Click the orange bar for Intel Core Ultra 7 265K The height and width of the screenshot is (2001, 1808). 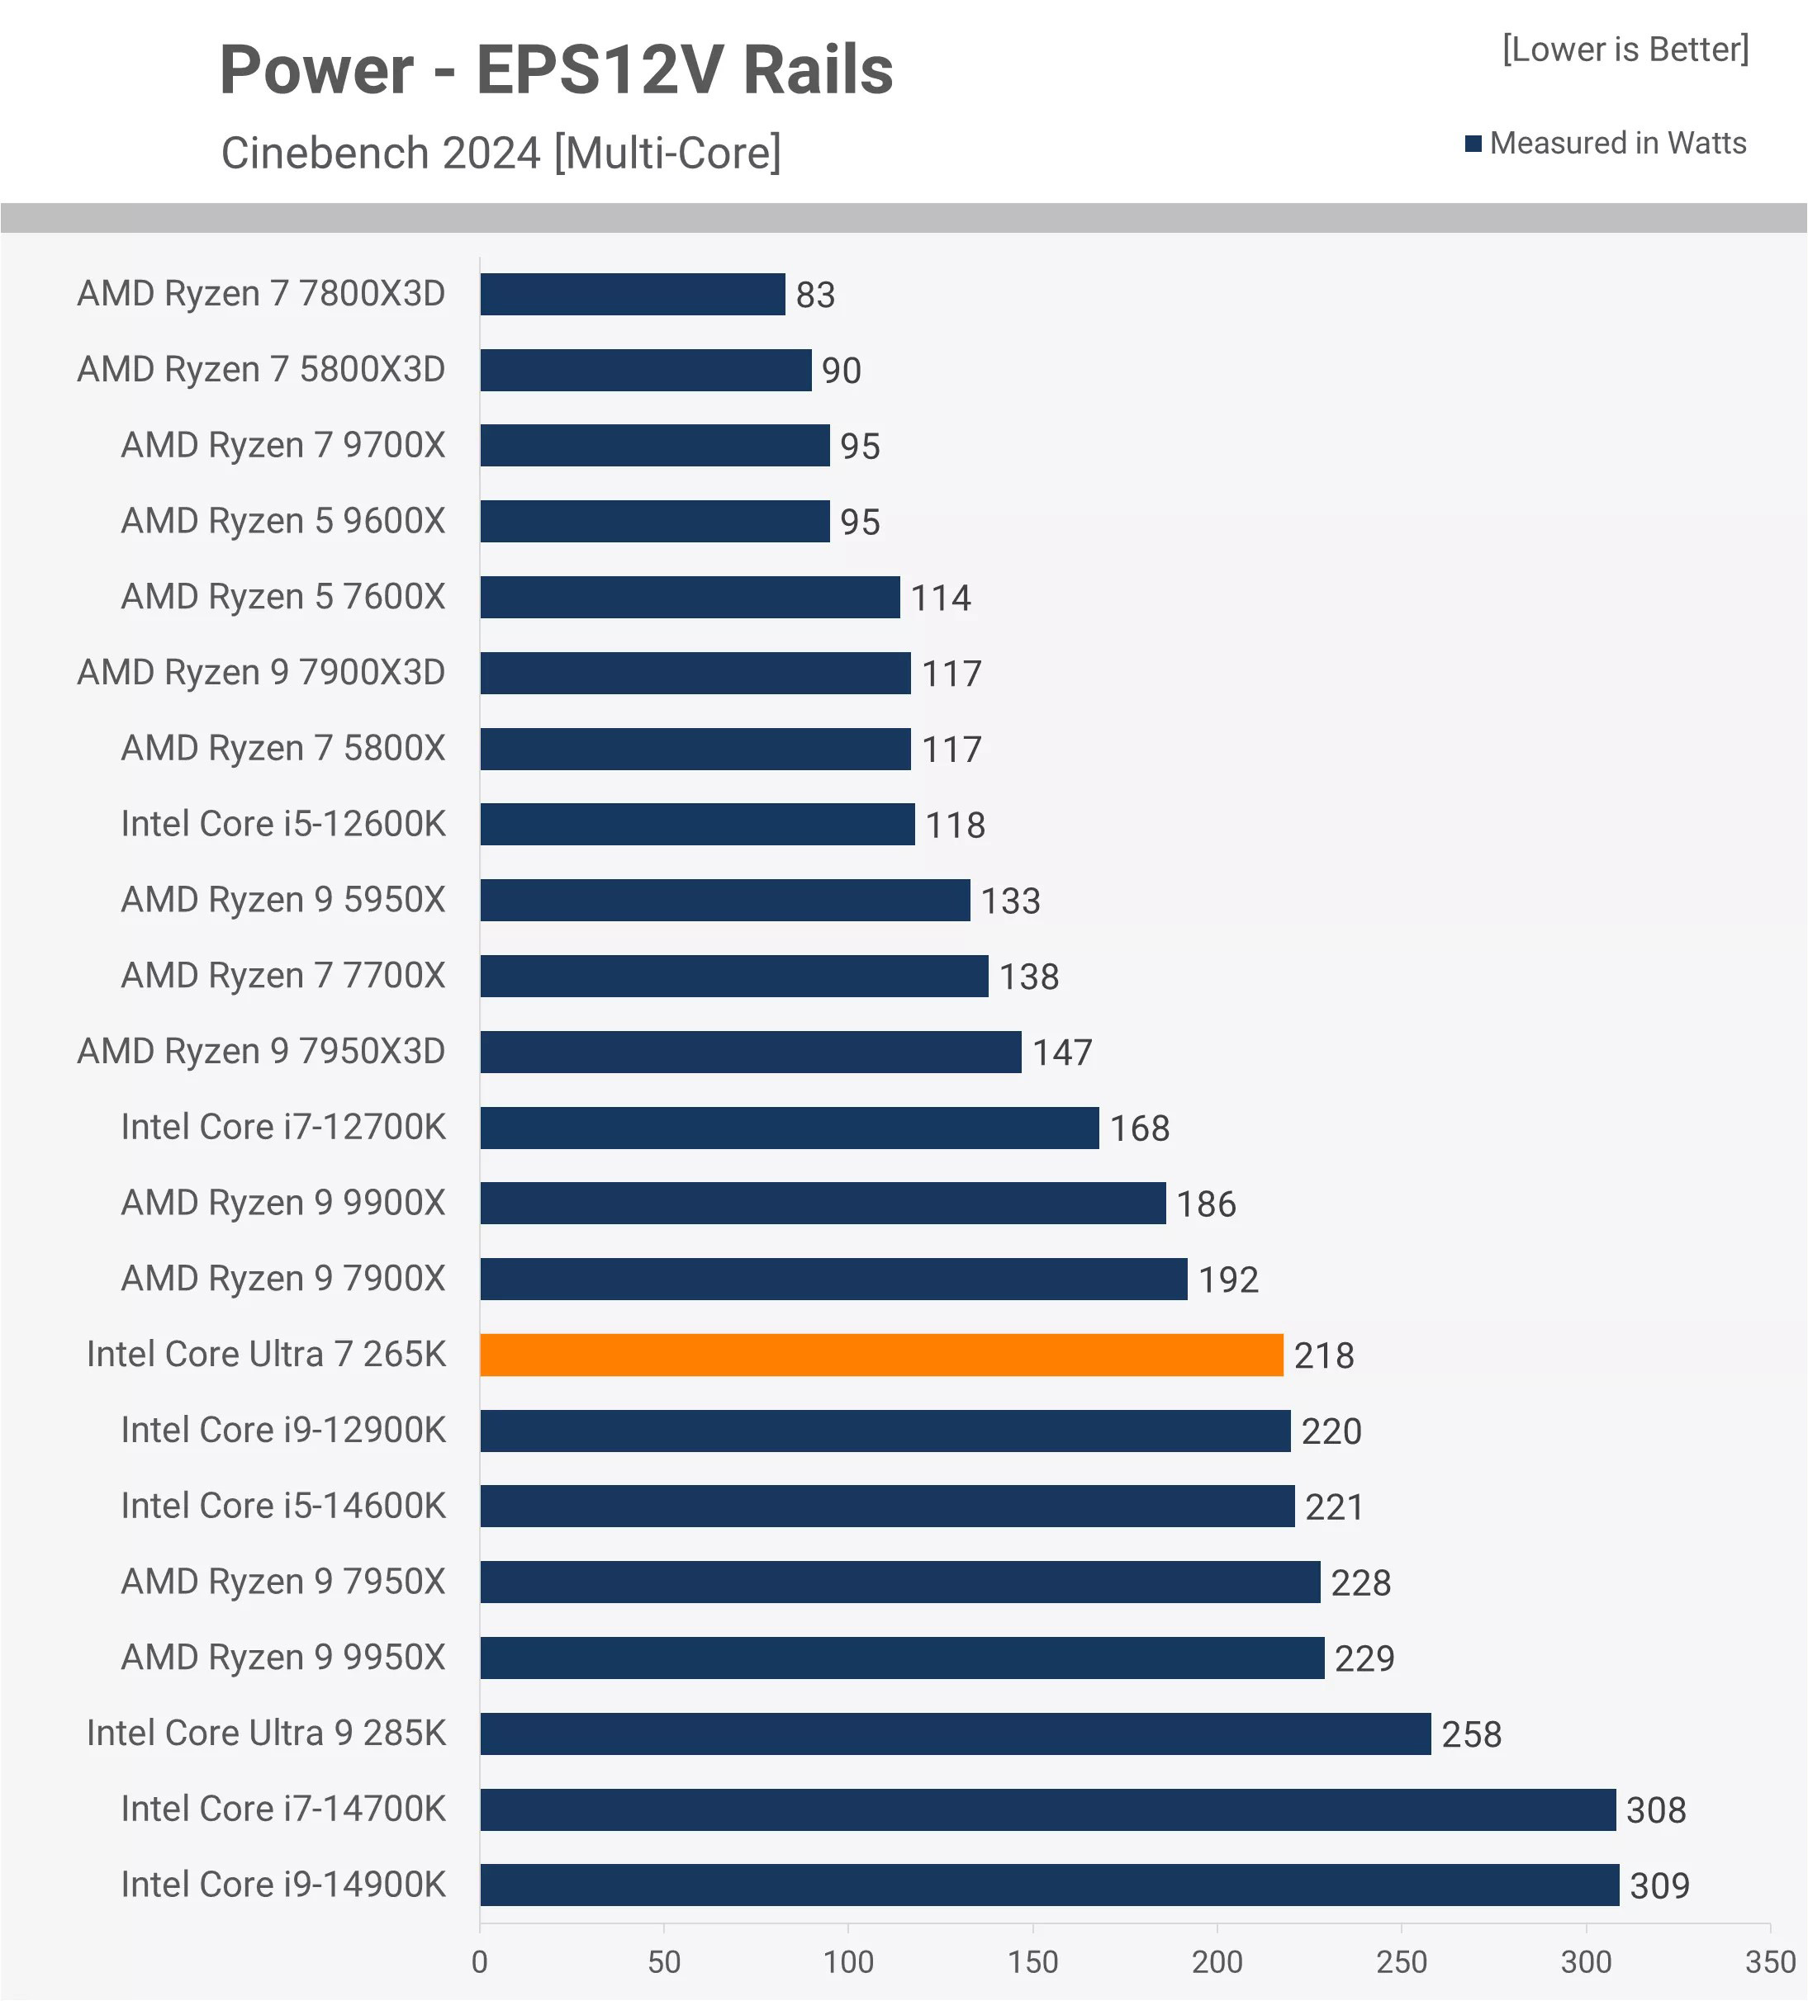880,1355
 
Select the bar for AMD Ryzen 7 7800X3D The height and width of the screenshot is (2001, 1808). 633,295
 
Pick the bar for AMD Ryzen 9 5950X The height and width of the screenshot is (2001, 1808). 725,901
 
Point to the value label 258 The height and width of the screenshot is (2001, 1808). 1471,1734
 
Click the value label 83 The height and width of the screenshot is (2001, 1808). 815,295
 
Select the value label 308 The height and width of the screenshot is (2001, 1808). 1655,1810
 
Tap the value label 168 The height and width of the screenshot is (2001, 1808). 1139,1128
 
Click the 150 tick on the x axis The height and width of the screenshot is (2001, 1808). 1032,1962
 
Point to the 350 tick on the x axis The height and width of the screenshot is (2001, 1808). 1770,1962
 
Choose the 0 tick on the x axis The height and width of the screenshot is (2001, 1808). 480,1962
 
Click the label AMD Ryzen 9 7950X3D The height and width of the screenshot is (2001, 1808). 261,1051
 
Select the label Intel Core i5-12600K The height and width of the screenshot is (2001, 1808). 283,824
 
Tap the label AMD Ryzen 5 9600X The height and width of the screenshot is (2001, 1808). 283,521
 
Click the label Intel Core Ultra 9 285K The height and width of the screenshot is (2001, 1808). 266,1733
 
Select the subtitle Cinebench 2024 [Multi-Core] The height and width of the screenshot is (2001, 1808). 501,153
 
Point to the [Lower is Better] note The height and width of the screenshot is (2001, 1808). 1625,50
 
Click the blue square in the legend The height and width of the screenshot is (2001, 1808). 1473,144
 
